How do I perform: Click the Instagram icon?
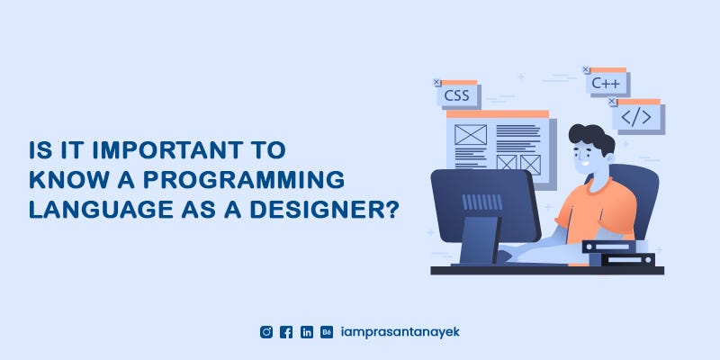pyautogui.click(x=266, y=332)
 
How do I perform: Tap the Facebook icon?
pyautogui.click(x=286, y=332)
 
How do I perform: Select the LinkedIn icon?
pyautogui.click(x=307, y=332)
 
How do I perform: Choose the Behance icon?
pyautogui.click(x=327, y=332)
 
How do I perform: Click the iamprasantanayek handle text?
pyautogui.click(x=400, y=332)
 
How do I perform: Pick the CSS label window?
pyautogui.click(x=457, y=94)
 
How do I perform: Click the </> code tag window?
pyautogui.click(x=637, y=117)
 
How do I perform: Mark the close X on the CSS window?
pyautogui.click(x=437, y=81)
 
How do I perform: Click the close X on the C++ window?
pyautogui.click(x=586, y=69)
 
